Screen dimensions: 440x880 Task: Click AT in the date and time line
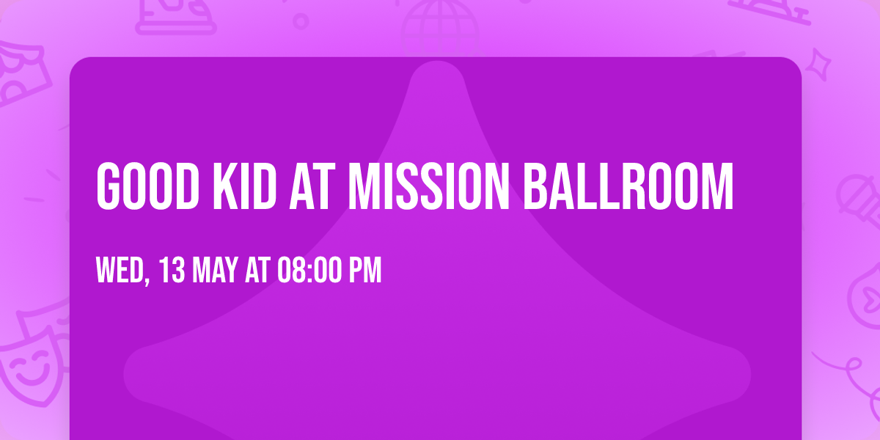pyautogui.click(x=257, y=271)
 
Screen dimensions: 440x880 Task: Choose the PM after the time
pyautogui.click(x=364, y=271)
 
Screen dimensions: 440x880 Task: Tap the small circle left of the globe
pyautogui.click(x=301, y=21)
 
